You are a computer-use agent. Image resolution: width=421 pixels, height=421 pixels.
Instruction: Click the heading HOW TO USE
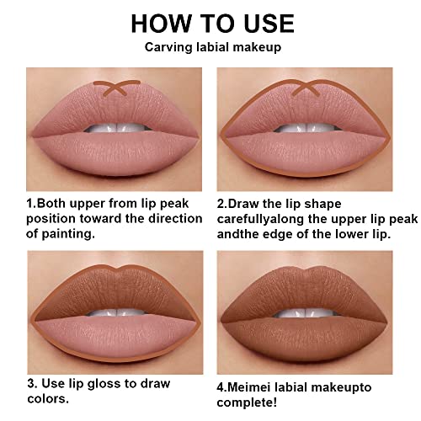(x=210, y=23)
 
